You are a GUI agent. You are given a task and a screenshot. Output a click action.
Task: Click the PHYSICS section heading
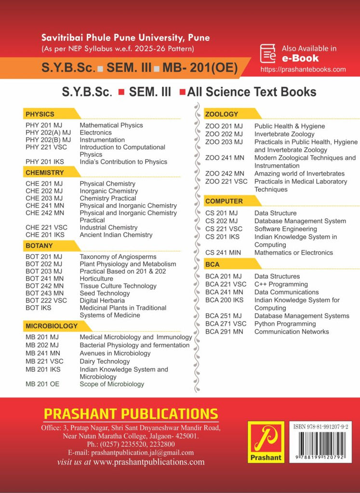(x=40, y=115)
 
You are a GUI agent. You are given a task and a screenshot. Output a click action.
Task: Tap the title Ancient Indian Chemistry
(x=116, y=235)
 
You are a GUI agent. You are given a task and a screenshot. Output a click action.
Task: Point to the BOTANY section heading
(x=39, y=246)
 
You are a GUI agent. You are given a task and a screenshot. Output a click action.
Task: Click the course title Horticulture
(x=96, y=279)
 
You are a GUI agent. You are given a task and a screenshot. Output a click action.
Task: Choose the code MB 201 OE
(x=42, y=384)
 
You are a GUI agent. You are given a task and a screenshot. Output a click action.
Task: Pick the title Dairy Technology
(x=105, y=361)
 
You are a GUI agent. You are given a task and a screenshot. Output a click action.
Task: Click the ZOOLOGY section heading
(x=222, y=115)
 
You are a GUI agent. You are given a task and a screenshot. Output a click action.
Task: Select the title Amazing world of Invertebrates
(x=299, y=173)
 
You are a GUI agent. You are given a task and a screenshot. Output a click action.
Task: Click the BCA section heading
(x=213, y=264)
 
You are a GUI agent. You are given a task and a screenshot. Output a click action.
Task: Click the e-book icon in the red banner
(x=268, y=53)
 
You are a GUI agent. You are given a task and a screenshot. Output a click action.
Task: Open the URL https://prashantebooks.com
(x=303, y=69)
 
